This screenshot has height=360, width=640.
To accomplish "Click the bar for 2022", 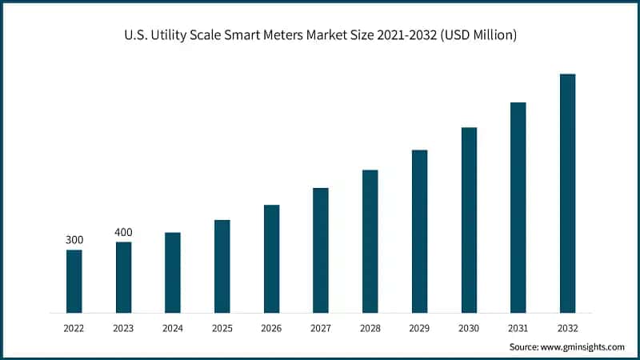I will click(x=74, y=281).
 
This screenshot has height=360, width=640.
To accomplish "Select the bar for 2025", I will click(x=222, y=266).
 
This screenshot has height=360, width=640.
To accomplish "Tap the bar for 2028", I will click(x=370, y=241).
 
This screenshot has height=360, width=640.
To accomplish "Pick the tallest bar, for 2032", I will click(x=567, y=193).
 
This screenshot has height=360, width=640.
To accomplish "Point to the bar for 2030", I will click(x=469, y=219).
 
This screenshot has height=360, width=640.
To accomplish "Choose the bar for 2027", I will click(x=321, y=250).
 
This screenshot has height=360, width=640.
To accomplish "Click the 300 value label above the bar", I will click(x=74, y=240).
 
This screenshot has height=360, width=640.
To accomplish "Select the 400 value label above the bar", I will click(x=123, y=232).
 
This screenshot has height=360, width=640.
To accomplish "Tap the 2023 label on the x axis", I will click(x=123, y=328).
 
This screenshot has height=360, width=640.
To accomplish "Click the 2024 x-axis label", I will click(x=173, y=328).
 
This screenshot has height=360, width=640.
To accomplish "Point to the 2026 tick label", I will click(x=271, y=328).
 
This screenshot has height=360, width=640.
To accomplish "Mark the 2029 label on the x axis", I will click(x=419, y=328).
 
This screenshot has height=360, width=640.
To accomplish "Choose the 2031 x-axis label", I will click(x=518, y=328).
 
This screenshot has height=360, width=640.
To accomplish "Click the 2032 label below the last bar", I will click(x=567, y=328).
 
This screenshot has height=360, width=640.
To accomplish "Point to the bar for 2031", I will click(x=518, y=207).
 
